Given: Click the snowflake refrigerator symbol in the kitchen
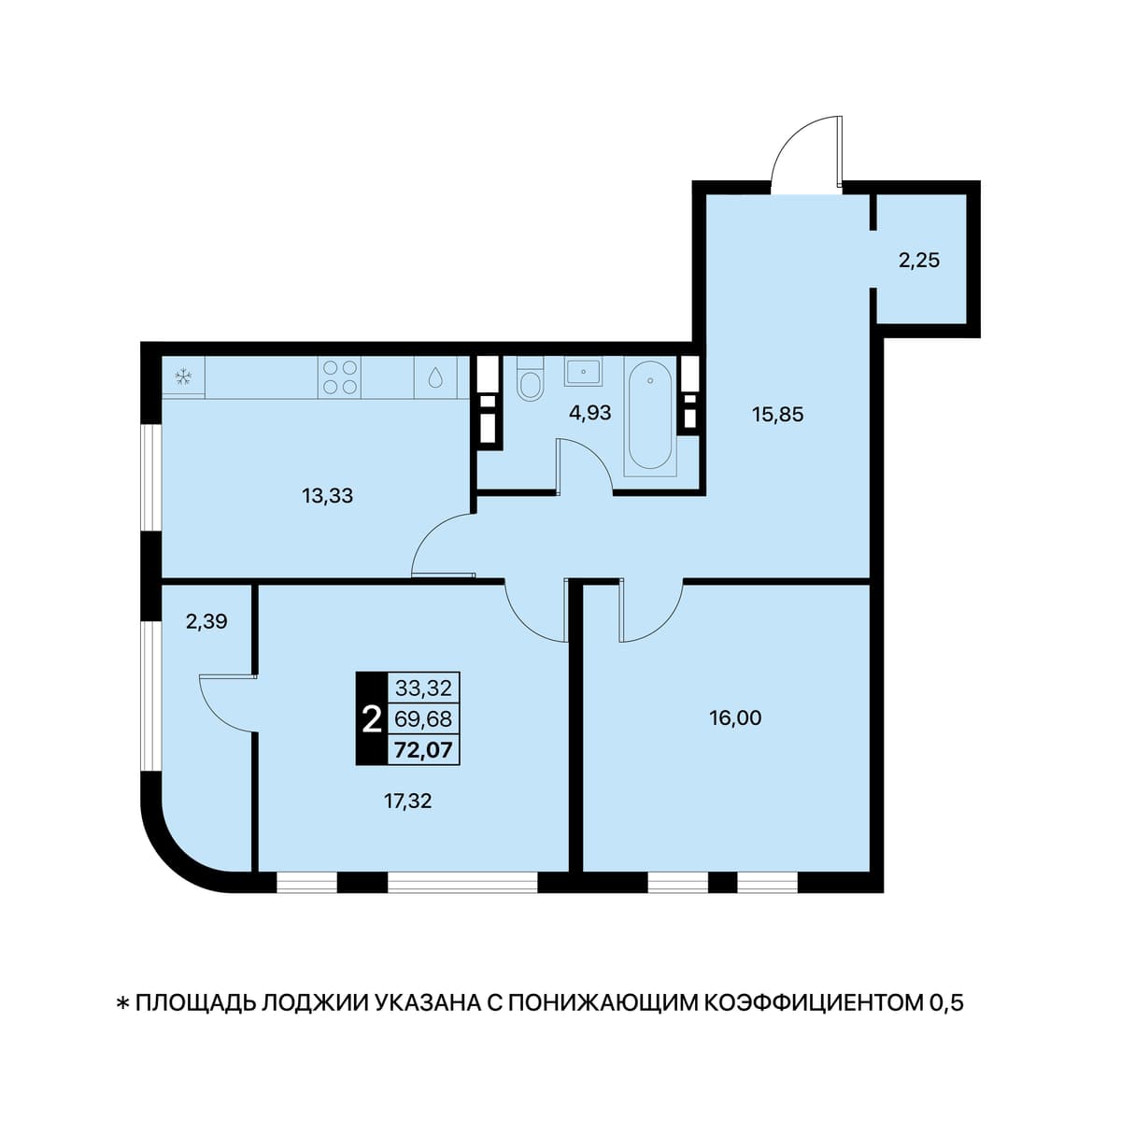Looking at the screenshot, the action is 183,377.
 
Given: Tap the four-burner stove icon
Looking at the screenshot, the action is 340,377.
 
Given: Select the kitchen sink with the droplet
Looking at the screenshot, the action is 435,377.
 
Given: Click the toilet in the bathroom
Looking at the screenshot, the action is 530,378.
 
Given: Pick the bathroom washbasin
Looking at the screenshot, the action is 583,371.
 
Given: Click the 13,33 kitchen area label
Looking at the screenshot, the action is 328,496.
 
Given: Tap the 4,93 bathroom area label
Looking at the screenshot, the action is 589,413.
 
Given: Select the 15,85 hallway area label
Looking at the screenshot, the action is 778,415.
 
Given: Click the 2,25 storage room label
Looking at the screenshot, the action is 919,260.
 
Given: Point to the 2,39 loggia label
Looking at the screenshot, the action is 206,622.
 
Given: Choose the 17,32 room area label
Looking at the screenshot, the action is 408,802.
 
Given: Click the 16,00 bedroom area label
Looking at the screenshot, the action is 735,718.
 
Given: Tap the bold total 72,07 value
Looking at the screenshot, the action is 423,750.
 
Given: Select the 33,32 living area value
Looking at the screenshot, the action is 423,688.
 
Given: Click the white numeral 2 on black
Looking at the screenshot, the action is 372,720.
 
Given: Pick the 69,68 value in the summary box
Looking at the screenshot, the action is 423,719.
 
